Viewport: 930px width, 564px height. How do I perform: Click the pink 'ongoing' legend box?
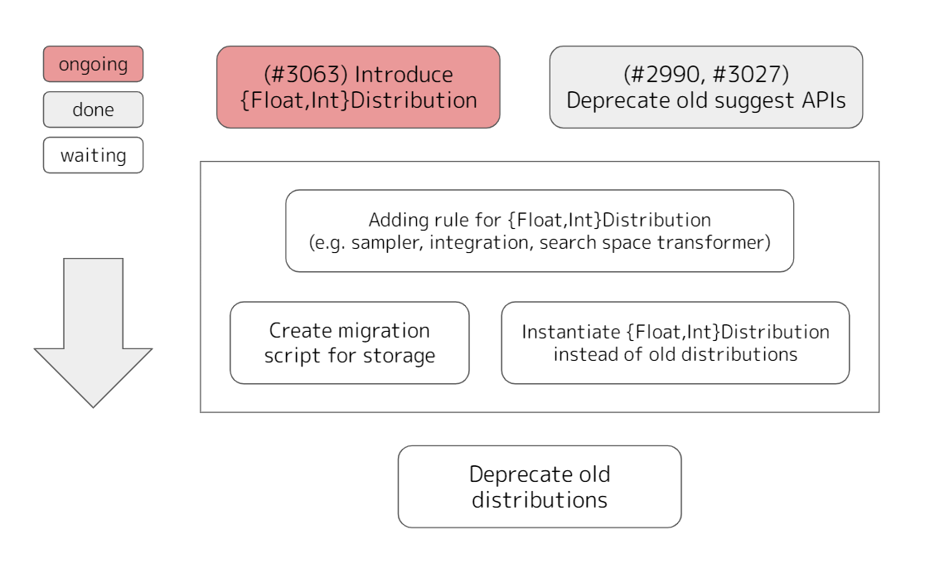tap(93, 64)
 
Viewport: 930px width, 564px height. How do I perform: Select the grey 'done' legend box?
tap(93, 109)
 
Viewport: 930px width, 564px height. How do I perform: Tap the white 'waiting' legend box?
tap(93, 155)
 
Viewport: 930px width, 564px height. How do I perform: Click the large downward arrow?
tap(93, 333)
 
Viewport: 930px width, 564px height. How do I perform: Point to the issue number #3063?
tap(306, 74)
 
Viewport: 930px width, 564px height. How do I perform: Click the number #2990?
tap(666, 74)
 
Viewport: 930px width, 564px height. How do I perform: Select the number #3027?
tap(748, 74)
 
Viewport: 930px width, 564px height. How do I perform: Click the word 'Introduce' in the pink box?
tap(404, 75)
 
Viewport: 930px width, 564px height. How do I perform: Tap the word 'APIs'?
tap(824, 100)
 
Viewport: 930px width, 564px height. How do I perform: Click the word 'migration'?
tap(389, 331)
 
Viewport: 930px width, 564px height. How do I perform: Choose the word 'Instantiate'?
tap(570, 332)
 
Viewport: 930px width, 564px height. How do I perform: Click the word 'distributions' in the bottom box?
tap(540, 500)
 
